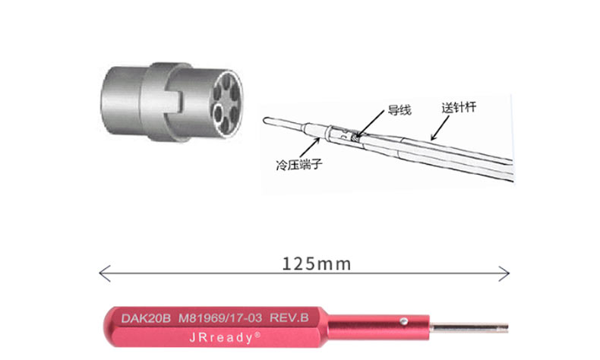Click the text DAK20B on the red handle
(x=146, y=318)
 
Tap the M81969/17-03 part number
(x=220, y=318)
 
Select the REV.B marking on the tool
(x=289, y=317)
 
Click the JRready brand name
(x=221, y=337)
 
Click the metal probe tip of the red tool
(x=469, y=328)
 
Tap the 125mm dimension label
(x=316, y=264)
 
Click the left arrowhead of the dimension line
(x=104, y=273)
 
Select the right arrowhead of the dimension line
(x=504, y=273)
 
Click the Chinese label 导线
(x=399, y=110)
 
